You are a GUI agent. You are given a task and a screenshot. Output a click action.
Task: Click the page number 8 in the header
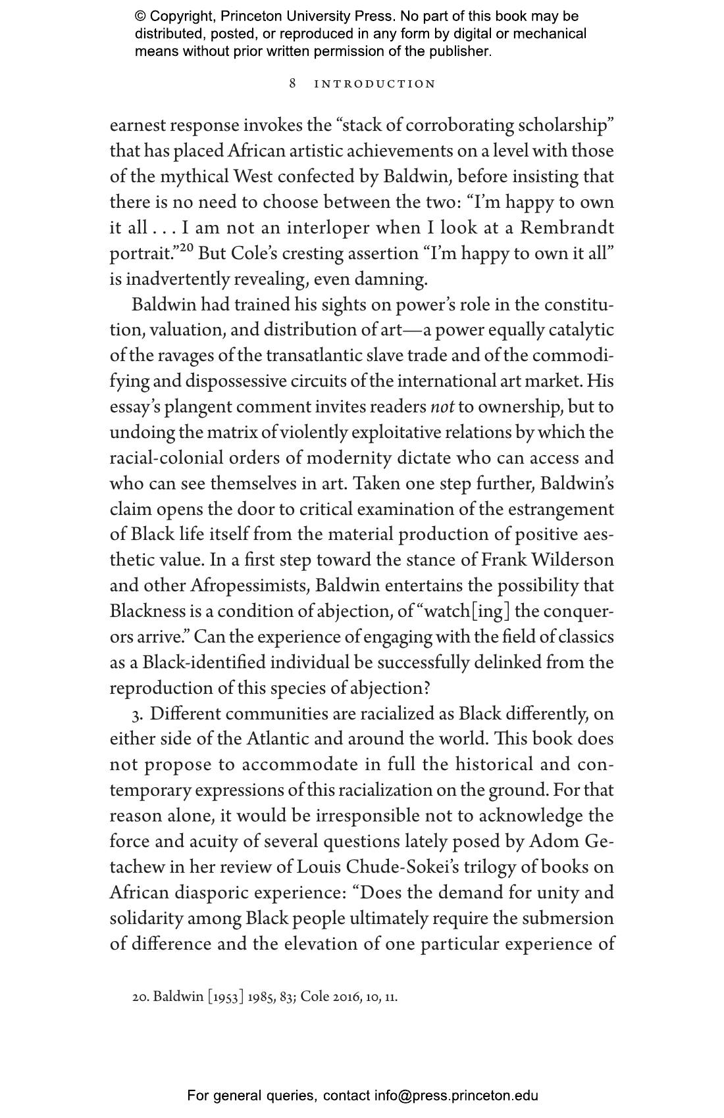point(293,84)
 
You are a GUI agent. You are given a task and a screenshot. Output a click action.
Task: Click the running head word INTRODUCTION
point(375,84)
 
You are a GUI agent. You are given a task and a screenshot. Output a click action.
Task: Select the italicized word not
point(442,407)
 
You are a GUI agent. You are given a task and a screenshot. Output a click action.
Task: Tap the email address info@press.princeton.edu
point(456,1096)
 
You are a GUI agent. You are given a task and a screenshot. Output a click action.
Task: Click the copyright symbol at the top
point(140,16)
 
